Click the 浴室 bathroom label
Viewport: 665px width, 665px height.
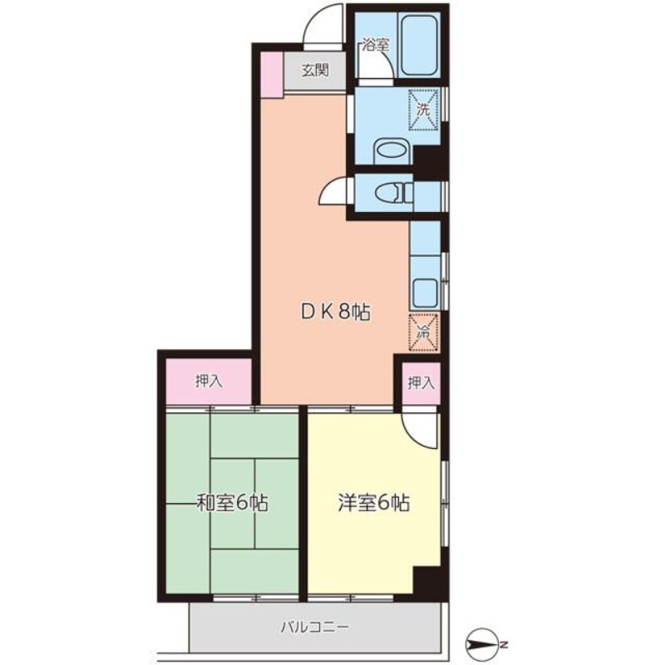coord(376,45)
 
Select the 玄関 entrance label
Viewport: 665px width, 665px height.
coord(315,70)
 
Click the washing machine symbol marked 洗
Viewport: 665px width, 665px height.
coord(423,110)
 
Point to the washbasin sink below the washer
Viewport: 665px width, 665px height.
coord(392,151)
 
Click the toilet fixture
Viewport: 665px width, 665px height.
coord(394,194)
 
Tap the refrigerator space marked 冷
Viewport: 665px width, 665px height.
coord(423,332)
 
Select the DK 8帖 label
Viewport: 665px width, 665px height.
coord(336,313)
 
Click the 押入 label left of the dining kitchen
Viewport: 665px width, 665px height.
coord(209,382)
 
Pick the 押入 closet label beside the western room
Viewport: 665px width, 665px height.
coord(421,383)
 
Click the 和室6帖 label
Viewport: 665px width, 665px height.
coord(233,503)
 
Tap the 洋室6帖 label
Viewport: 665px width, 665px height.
coord(373,503)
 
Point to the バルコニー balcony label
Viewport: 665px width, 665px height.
coord(315,627)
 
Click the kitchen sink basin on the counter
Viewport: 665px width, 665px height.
coord(426,293)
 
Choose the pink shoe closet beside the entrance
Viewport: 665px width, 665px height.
coord(272,75)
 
